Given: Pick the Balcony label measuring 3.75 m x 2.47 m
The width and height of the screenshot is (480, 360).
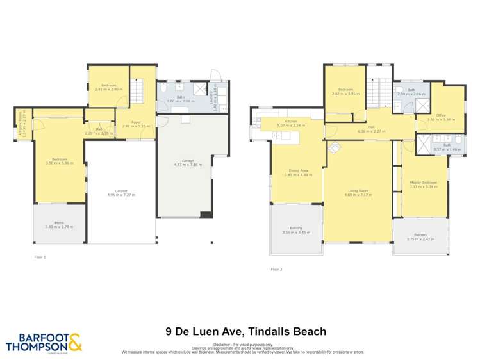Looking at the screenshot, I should tap(420, 236).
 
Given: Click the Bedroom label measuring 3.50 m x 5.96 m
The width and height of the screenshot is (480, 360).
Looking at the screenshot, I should tap(59, 160).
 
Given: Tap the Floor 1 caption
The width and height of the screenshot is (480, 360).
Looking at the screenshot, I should tap(40, 257).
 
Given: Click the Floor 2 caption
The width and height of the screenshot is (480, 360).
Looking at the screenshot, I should tap(277, 269).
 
